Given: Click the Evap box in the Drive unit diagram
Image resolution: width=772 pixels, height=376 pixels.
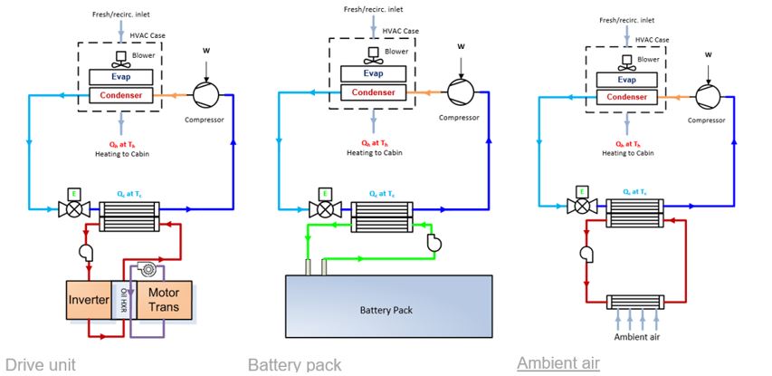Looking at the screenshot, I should pyautogui.click(x=120, y=77).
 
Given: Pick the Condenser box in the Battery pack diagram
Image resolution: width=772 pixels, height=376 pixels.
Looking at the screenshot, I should pyautogui.click(x=371, y=92).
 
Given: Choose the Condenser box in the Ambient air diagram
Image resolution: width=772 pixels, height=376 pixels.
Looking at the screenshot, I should pyautogui.click(x=625, y=96).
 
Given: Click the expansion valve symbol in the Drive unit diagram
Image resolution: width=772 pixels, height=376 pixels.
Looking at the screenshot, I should pyautogui.click(x=69, y=208).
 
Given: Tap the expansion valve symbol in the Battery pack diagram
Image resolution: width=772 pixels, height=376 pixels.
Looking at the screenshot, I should pyautogui.click(x=320, y=208).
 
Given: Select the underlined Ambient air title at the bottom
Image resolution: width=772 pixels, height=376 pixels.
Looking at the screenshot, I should pyautogui.click(x=558, y=363).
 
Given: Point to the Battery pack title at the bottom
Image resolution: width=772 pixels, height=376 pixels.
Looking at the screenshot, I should pyautogui.click(x=294, y=364).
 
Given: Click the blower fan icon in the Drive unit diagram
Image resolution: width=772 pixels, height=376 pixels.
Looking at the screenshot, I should pyautogui.click(x=121, y=57).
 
